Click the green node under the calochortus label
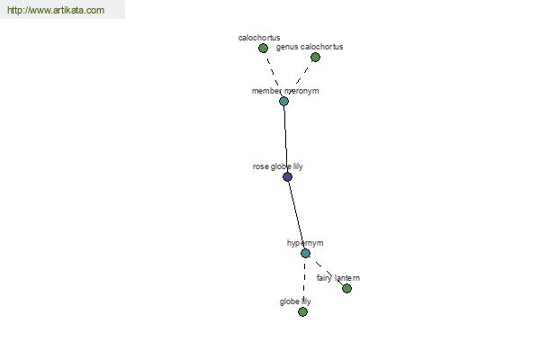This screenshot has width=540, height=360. coord(263,49)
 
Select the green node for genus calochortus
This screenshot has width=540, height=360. coord(315,58)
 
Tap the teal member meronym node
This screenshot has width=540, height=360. coord(283,102)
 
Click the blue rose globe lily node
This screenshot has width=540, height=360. coord(288,176)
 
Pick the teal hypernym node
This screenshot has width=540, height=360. coord(305,254)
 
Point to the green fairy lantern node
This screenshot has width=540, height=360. coord(346,288)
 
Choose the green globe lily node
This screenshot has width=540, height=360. coord(302,311)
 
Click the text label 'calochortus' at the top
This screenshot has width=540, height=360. coord(259,38)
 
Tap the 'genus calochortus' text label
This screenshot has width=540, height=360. coord(310,47)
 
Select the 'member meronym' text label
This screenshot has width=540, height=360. coord(285,91)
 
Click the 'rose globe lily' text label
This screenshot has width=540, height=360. coord(277,166)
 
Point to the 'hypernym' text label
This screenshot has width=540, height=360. coord(305,243)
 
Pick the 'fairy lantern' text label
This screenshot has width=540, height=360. coord(338,278)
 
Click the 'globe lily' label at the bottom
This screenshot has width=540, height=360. coord(295,301)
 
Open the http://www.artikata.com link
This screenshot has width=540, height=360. coord(56,10)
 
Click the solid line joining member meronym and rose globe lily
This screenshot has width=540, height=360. coord(285,139)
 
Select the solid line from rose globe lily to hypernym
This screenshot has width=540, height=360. coord(296,215)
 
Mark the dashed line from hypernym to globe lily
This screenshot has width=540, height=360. coord(304,283)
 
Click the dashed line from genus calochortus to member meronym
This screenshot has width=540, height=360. coord(300,77)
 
